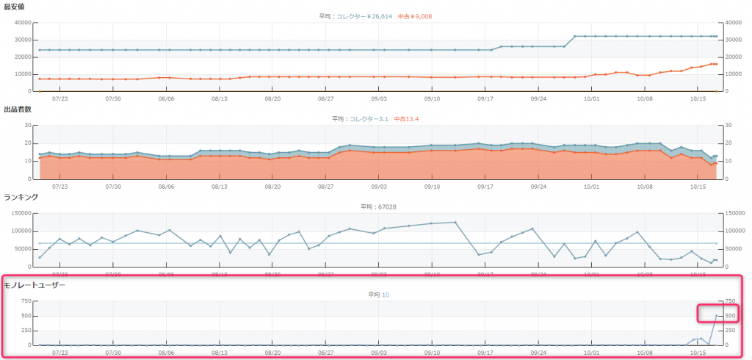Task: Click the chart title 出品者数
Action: (17, 109)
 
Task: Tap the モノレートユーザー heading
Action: (35, 284)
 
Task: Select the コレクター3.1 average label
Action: (367, 118)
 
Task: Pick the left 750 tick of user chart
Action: (25, 302)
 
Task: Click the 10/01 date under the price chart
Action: (591, 98)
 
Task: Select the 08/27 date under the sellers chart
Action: (326, 186)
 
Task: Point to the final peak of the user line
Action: (716, 316)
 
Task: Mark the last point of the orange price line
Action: (716, 64)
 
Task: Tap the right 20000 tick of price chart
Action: (734, 57)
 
